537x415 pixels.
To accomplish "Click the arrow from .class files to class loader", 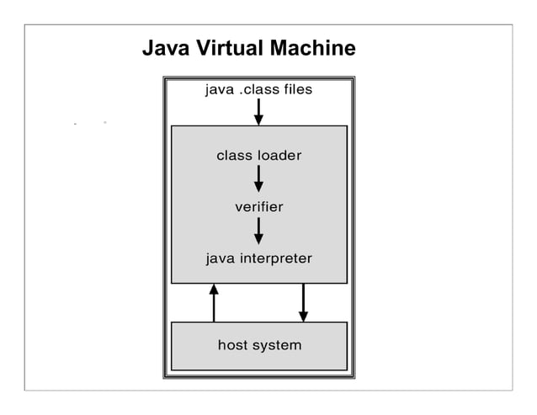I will [x=258, y=110].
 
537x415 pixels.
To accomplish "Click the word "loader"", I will [x=279, y=156].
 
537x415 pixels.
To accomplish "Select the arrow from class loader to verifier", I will [x=258, y=178].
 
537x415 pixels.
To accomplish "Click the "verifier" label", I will [x=258, y=206].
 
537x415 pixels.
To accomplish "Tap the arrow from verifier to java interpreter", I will [x=258, y=230].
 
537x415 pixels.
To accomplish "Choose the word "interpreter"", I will [x=275, y=258].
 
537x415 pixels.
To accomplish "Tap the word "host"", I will [x=233, y=345].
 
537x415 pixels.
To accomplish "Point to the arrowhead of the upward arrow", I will [x=214, y=290].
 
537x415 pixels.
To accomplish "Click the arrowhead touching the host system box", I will [x=303, y=316].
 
